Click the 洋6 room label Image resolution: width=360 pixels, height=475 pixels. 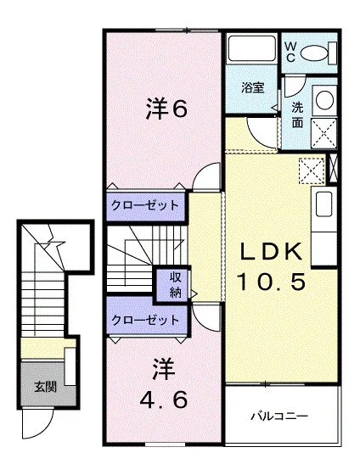166,109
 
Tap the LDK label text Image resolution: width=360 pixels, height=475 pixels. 272,251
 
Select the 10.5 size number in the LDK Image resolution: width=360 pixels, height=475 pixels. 271,282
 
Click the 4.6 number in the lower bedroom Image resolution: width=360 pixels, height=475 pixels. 164,400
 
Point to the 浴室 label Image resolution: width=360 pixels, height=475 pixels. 253,87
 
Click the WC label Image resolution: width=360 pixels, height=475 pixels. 290,52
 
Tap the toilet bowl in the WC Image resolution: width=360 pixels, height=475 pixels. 314,53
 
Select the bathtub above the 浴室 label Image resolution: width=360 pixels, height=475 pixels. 251,48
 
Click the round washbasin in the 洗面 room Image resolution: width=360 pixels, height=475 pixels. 325,99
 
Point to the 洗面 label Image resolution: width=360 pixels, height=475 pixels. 297,115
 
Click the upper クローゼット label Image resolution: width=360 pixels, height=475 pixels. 145,205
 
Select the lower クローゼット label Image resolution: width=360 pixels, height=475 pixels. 145,320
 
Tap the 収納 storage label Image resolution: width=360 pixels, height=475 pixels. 175,284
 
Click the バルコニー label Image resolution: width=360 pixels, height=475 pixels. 279,416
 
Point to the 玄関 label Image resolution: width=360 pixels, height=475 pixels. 45,387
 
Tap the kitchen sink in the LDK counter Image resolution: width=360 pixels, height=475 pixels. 323,204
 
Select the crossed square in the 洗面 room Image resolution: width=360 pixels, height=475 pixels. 324,133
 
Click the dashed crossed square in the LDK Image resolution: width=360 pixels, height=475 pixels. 312,170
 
